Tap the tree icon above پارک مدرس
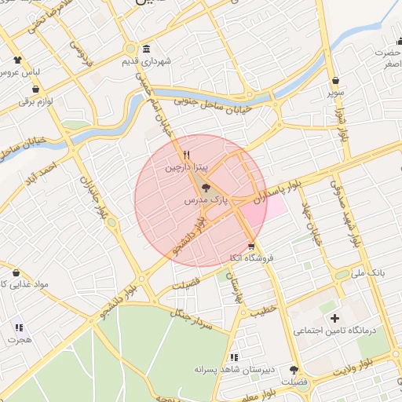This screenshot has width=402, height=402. (206, 188)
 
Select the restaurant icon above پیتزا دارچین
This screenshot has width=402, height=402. (187, 155)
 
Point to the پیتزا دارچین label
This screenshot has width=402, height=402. (186, 168)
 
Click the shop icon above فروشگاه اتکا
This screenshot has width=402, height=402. (250, 247)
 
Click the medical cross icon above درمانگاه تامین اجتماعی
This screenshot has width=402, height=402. (335, 318)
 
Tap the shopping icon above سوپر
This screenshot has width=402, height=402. (336, 80)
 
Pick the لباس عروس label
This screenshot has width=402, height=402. (24, 71)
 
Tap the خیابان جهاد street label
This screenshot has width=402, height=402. (312, 225)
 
